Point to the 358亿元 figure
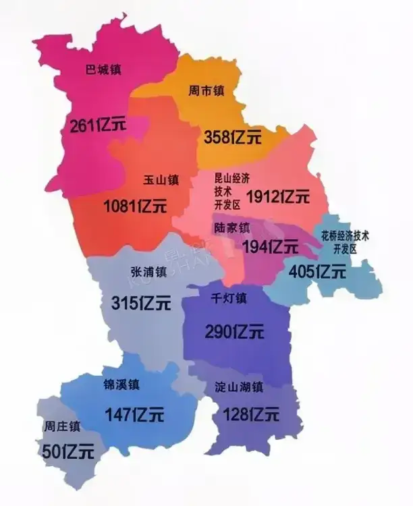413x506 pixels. (232, 138)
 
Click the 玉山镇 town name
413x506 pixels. (161, 180)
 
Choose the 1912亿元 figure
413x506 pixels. (278, 197)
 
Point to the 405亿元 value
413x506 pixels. (317, 273)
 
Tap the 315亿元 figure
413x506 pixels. (140, 303)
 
